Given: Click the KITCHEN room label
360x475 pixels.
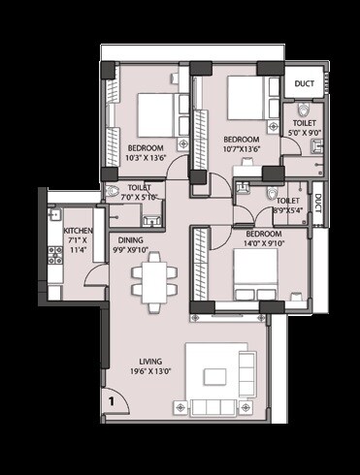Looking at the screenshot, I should coord(78,231).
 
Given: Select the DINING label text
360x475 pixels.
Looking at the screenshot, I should coord(132,239).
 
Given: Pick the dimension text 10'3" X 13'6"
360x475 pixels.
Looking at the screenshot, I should coord(147,159).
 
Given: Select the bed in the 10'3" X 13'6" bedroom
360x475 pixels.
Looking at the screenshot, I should coord(155,111).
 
